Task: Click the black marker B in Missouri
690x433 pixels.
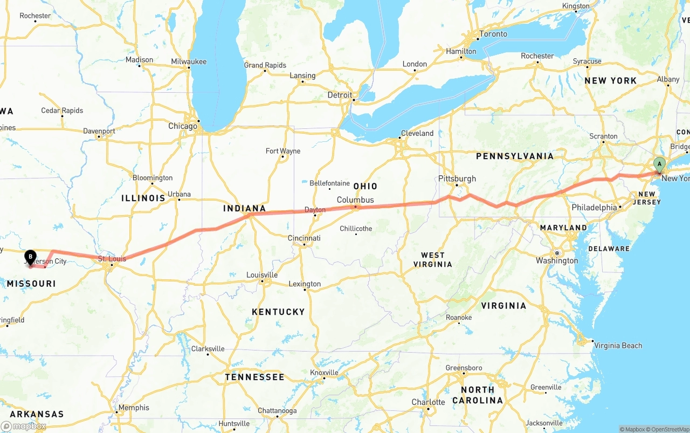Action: click(31, 257)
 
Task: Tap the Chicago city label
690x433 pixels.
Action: click(183, 126)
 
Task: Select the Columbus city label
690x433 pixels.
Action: click(355, 200)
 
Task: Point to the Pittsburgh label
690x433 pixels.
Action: click(457, 178)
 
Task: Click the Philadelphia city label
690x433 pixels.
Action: click(594, 207)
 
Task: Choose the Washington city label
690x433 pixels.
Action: click(557, 260)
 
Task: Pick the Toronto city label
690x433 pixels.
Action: click(493, 34)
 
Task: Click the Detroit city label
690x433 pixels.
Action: click(340, 95)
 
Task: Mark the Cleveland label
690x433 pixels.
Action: click(417, 133)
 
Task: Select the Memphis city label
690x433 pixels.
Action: click(134, 408)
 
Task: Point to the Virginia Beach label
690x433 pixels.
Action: click(618, 345)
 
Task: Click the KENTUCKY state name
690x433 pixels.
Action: click(278, 312)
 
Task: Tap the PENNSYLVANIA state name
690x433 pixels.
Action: click(514, 156)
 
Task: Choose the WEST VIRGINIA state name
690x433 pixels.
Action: click(433, 259)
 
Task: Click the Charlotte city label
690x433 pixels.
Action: click(428, 402)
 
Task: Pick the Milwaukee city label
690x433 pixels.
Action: click(189, 61)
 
